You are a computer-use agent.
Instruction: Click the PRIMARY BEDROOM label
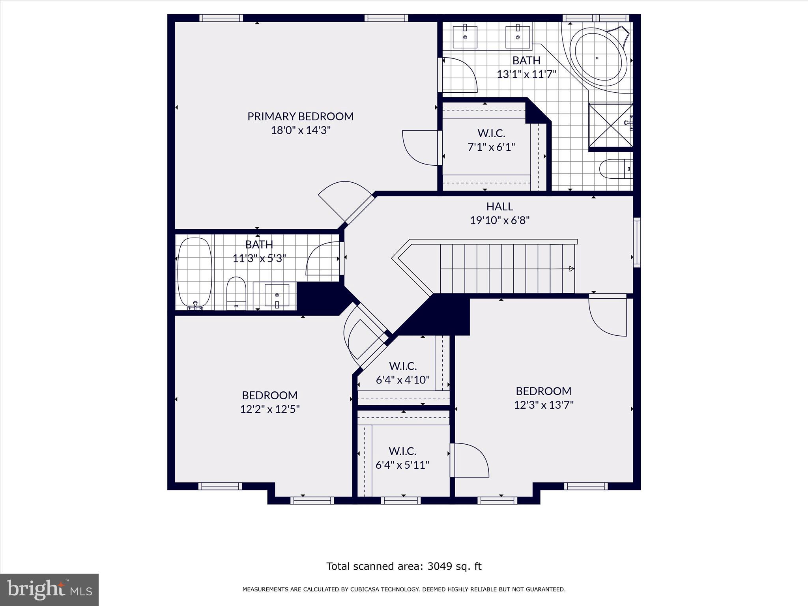[x=300, y=116]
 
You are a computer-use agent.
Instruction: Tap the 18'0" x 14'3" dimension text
[x=300, y=130]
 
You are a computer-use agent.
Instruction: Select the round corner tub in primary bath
[x=600, y=57]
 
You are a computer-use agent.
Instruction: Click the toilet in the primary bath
[x=615, y=169]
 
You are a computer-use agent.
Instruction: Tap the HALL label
[x=499, y=207]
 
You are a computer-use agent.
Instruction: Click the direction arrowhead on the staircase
[x=571, y=269]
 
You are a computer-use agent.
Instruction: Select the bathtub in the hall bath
[x=195, y=272]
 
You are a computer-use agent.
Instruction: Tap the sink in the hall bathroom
[x=277, y=295]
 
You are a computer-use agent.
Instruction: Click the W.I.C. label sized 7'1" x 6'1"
[x=491, y=133]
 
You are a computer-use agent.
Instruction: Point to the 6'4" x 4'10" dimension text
[x=402, y=380]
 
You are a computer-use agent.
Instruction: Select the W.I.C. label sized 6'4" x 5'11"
[x=402, y=451]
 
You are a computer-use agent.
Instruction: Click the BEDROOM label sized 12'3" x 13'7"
[x=543, y=391]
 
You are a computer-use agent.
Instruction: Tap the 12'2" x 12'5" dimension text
[x=270, y=409]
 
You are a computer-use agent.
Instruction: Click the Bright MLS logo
[x=49, y=590]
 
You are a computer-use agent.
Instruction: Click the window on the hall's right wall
[x=636, y=242]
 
